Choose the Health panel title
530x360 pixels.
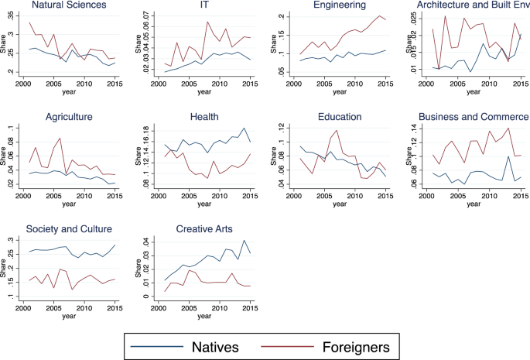pos(203,117)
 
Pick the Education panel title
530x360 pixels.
pos(339,117)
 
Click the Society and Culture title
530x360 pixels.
pos(69,229)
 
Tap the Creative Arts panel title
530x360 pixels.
pos(203,229)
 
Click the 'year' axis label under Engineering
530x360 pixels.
pos(340,91)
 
